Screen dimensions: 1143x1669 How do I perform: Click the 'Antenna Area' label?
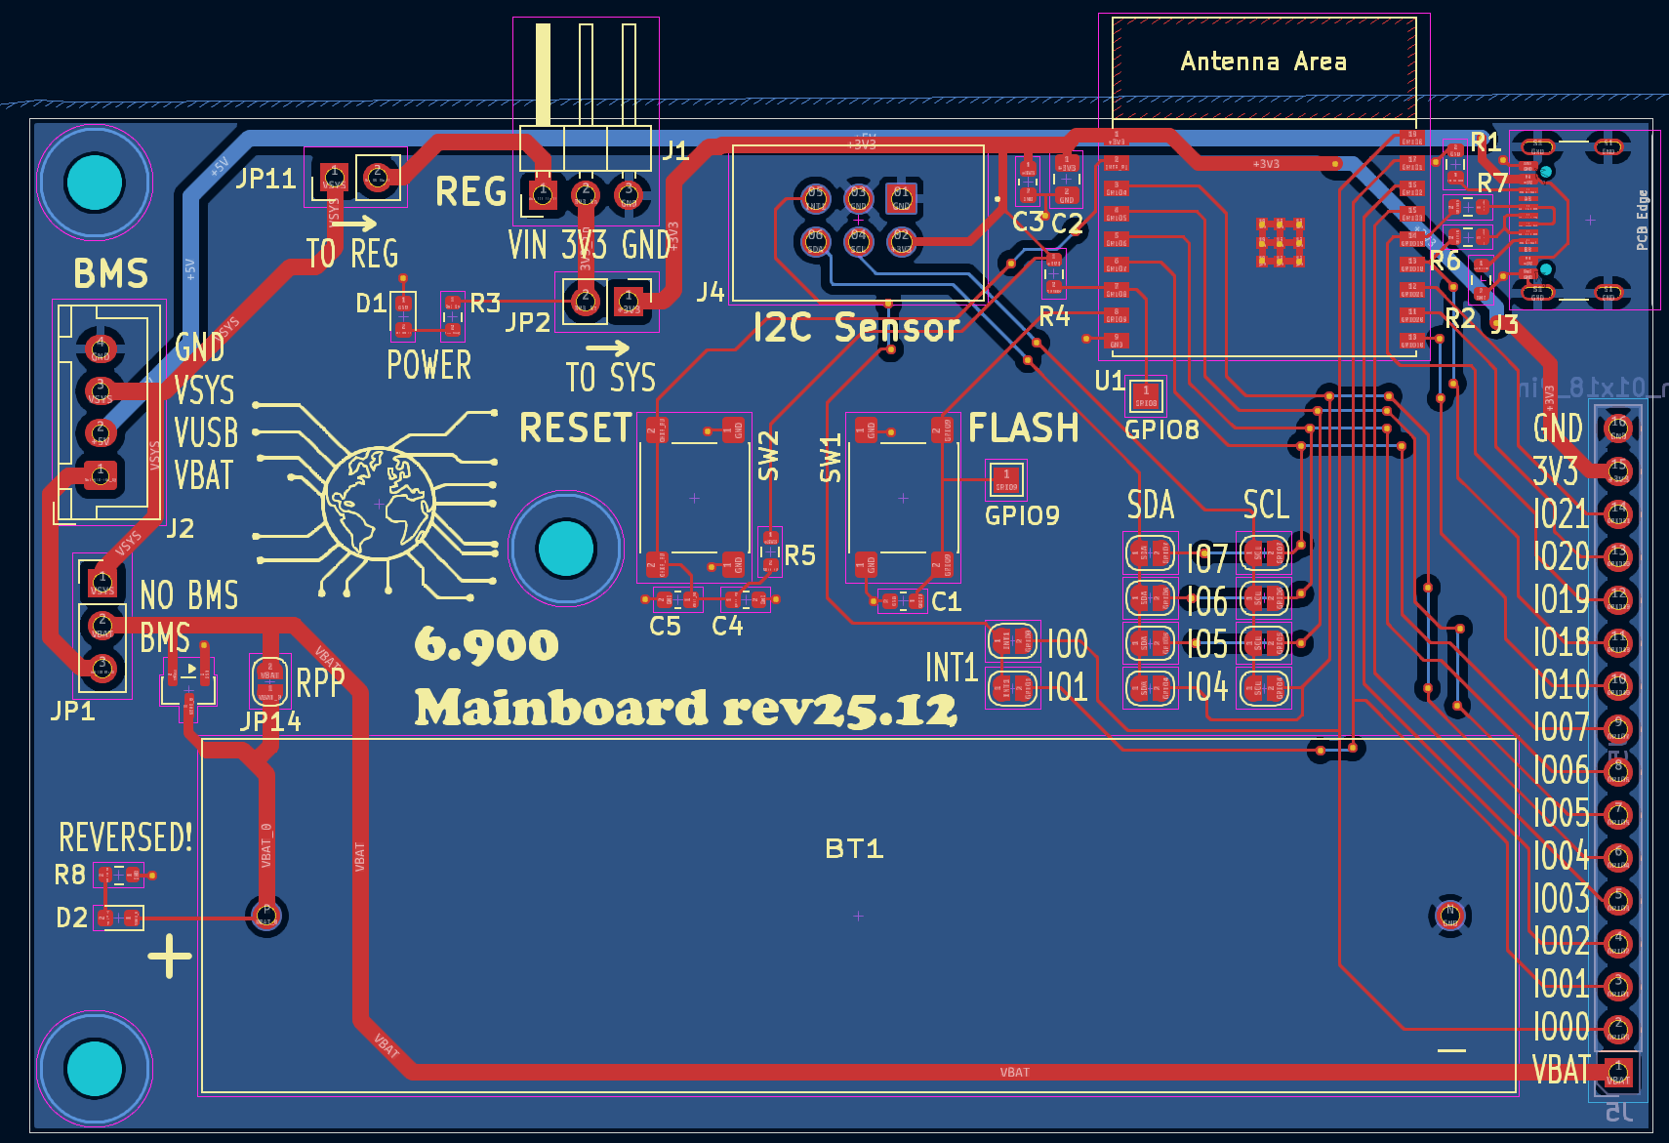pos(1263,61)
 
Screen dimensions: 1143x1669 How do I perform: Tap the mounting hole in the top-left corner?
pos(95,183)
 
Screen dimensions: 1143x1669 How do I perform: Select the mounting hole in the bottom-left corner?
pos(95,1068)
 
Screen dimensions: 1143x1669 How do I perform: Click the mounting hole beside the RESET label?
pos(566,549)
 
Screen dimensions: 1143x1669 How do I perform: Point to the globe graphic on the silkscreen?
pos(379,503)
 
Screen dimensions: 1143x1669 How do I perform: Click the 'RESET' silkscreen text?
pos(576,428)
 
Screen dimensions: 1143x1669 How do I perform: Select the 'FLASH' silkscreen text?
pos(1023,428)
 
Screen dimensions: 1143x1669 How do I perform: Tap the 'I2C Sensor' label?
pos(856,328)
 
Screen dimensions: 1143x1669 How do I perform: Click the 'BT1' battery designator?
pos(854,848)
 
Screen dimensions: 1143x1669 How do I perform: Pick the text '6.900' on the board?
pos(486,644)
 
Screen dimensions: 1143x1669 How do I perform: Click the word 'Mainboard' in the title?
pos(561,708)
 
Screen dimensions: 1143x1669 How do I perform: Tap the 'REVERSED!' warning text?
pos(126,837)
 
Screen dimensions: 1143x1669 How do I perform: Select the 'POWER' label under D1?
pos(428,365)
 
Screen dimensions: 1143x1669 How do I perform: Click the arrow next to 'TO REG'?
pos(354,223)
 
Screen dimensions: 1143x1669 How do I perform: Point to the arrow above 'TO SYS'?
pos(608,347)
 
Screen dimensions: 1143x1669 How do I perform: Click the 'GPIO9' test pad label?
pos(1022,515)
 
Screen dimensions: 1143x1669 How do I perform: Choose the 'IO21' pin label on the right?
pos(1561,513)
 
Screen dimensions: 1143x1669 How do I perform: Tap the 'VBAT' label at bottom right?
pos(1561,1071)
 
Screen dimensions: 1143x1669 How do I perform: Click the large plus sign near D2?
pos(170,957)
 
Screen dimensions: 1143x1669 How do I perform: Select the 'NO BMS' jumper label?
pos(188,594)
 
